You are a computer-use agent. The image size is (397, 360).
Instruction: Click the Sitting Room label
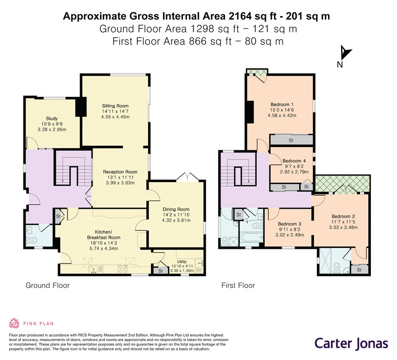point(115,106)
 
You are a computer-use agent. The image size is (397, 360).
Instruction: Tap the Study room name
point(52,118)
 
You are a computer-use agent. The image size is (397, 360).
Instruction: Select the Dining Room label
point(176,209)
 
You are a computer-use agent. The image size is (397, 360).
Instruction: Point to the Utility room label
point(182,261)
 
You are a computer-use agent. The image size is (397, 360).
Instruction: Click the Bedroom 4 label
point(294,161)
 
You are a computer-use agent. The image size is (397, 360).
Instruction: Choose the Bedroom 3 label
point(290,224)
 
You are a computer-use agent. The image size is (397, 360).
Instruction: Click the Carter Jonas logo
point(351,343)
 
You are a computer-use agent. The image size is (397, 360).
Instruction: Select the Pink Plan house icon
point(14,323)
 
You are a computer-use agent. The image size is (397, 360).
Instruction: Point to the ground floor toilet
point(32,240)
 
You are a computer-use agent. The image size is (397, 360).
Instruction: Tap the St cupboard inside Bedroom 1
point(291,140)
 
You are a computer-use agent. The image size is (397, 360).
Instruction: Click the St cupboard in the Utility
point(161,270)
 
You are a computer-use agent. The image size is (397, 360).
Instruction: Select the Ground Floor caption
point(48,285)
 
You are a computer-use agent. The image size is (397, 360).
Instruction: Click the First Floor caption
point(238,285)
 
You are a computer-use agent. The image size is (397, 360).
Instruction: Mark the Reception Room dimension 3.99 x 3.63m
point(120,183)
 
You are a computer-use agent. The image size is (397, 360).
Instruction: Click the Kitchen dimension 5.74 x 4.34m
point(104,248)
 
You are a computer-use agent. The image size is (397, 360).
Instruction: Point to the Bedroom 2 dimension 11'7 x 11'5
point(343,222)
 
